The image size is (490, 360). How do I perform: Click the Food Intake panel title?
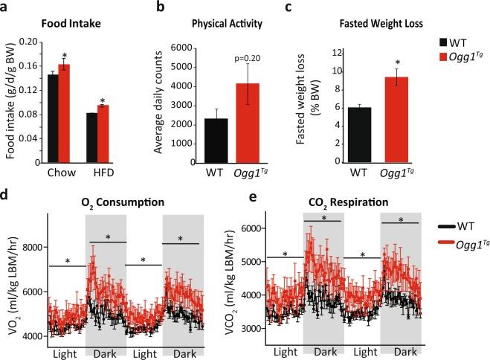70,24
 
